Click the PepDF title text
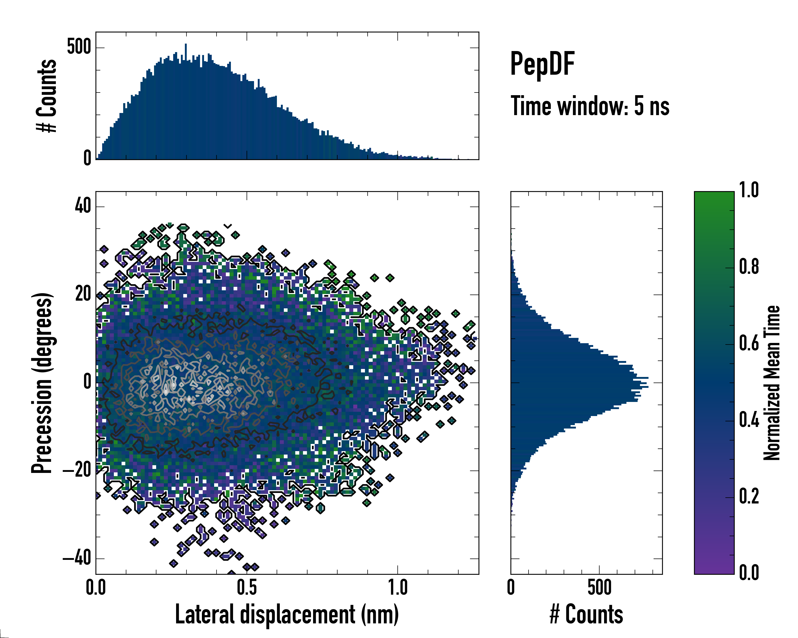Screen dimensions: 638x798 pos(542,64)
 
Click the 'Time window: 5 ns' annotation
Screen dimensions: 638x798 pos(590,106)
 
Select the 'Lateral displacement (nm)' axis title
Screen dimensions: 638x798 pos(287,614)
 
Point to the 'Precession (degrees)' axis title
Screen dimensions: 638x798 pos(41,383)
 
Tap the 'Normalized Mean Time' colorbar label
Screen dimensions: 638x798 pos(771,383)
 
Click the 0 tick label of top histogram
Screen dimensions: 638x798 pos(87,158)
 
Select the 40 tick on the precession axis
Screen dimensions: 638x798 pos(83,206)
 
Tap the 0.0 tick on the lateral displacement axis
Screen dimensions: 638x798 pos(96,587)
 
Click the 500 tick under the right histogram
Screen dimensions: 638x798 pos(599,587)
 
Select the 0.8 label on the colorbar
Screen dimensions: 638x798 pos(749,267)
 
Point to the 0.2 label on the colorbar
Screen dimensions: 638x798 pos(749,496)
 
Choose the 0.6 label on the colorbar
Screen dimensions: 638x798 pos(749,343)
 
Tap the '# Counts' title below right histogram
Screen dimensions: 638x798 pos(586,614)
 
